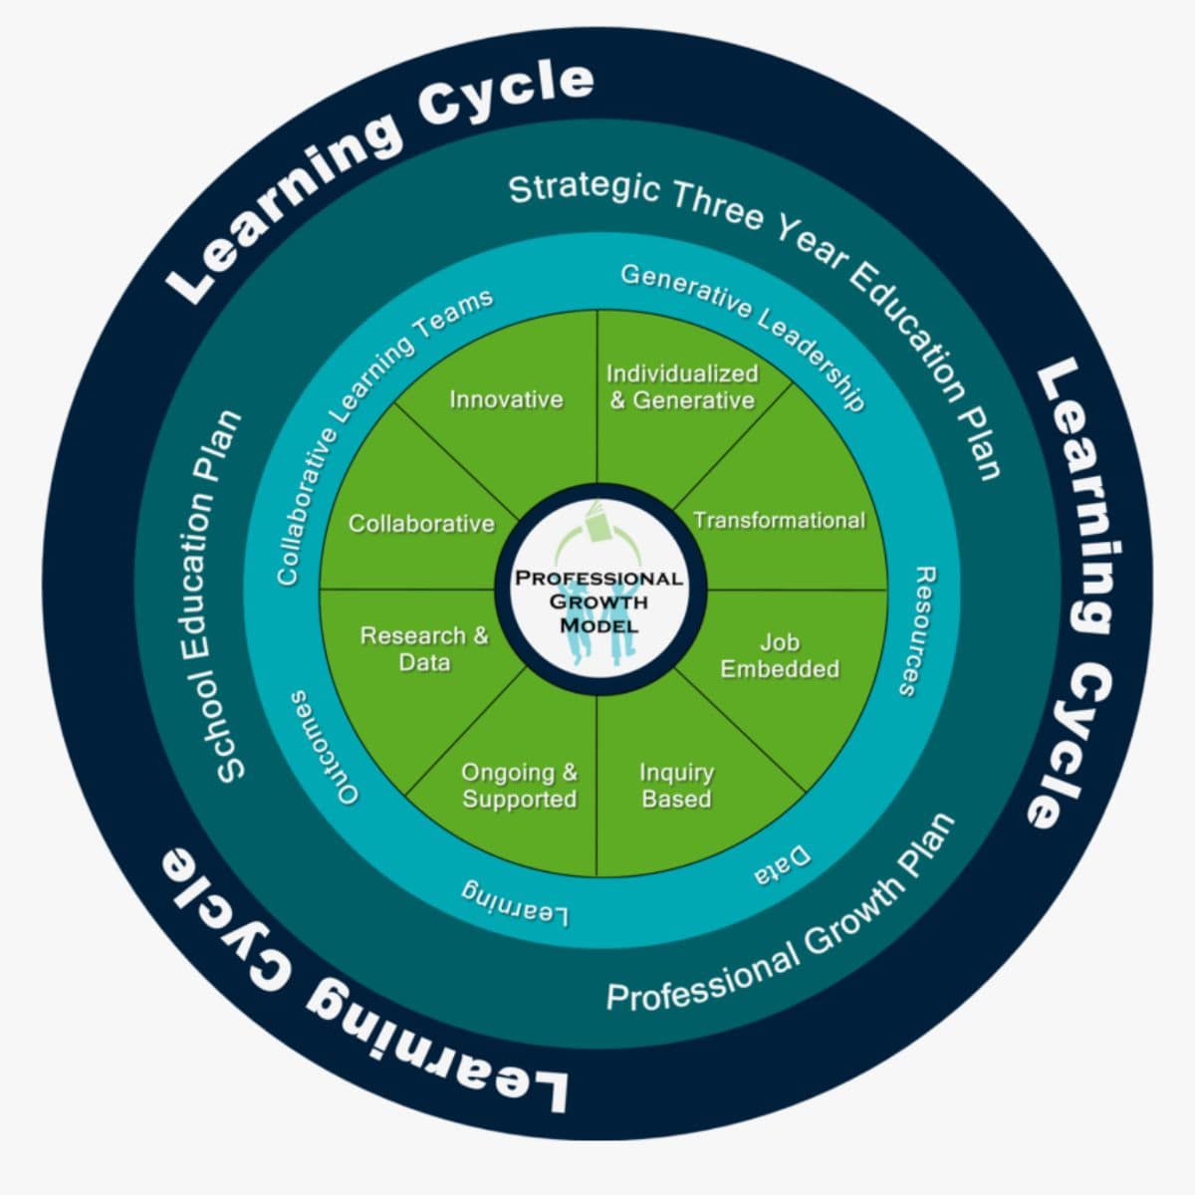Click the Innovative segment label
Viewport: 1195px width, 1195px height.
pyautogui.click(x=506, y=399)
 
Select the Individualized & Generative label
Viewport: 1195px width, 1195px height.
pyautogui.click(x=682, y=386)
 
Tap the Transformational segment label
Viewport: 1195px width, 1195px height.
pyautogui.click(x=779, y=520)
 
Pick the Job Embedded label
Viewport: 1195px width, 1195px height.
pyautogui.click(x=780, y=655)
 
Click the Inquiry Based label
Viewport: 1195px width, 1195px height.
pyautogui.click(x=676, y=786)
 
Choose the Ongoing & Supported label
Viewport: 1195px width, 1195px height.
pyautogui.click(x=519, y=786)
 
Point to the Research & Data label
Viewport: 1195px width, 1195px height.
pyautogui.click(x=424, y=648)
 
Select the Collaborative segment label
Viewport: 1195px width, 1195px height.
pyautogui.click(x=421, y=523)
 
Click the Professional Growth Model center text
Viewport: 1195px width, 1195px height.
pyautogui.click(x=598, y=601)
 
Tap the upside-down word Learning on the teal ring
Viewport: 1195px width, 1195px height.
pyautogui.click(x=515, y=898)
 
